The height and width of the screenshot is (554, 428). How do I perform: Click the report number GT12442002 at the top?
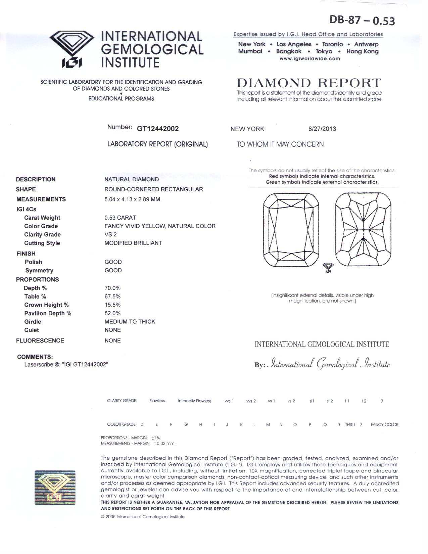click(x=158, y=129)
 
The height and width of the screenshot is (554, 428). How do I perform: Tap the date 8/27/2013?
click(x=322, y=129)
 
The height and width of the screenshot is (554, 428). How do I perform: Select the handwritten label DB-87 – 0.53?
click(x=362, y=20)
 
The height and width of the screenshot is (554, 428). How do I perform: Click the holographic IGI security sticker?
click(x=55, y=488)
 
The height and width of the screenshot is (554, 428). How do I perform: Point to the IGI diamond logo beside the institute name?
click(x=72, y=49)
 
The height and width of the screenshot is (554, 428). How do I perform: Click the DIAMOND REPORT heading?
click(x=309, y=83)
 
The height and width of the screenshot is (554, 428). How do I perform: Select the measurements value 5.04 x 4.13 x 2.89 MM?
click(x=133, y=199)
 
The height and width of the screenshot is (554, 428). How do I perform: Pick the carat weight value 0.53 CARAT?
click(x=120, y=218)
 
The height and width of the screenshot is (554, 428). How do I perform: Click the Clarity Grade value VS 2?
click(x=110, y=234)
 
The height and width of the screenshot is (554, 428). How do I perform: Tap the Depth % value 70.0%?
click(x=112, y=288)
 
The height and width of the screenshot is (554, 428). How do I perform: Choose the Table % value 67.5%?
click(x=112, y=296)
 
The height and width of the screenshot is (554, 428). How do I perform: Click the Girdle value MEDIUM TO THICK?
click(x=130, y=321)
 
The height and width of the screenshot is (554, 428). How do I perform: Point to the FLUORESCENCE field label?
click(x=40, y=340)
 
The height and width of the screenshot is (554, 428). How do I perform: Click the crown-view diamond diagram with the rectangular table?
click(x=291, y=230)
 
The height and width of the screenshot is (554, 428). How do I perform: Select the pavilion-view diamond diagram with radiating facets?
click(x=363, y=230)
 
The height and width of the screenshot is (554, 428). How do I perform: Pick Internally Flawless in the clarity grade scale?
click(x=194, y=401)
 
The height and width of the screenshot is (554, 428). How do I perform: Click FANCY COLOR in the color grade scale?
click(x=384, y=425)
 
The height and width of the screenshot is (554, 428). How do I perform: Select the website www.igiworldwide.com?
click(x=310, y=58)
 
